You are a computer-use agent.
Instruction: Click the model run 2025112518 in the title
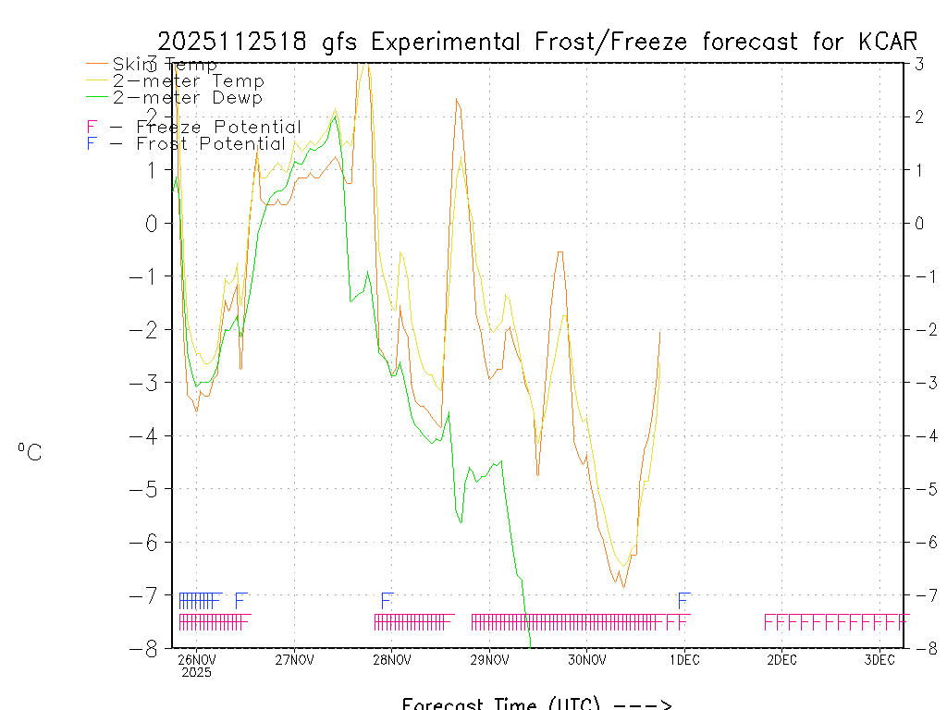point(235,42)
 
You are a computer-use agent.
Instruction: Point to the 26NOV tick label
point(196,659)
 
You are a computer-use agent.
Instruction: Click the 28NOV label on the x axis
point(391,659)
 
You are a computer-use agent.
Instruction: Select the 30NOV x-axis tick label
point(586,659)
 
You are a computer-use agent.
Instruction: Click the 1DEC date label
point(684,659)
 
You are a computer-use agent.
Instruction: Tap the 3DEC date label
point(879,659)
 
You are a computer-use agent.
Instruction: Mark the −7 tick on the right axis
point(918,594)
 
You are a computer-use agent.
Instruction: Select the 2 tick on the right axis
point(919,116)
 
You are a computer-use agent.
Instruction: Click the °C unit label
point(29,452)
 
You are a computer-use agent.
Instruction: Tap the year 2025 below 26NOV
point(196,673)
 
